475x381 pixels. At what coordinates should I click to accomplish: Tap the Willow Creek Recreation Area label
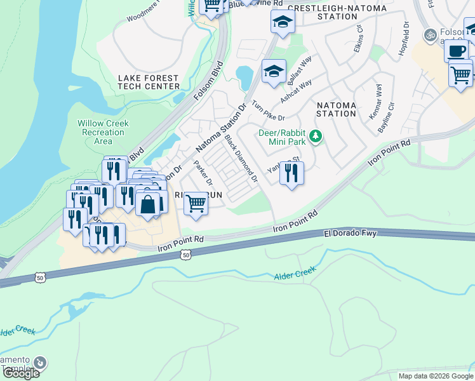pyautogui.click(x=103, y=132)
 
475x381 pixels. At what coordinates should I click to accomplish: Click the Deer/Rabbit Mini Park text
pyautogui.click(x=282, y=138)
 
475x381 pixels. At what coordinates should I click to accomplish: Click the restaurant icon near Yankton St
pyautogui.click(x=291, y=173)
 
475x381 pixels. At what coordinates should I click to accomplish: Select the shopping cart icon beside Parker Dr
pyautogui.click(x=196, y=204)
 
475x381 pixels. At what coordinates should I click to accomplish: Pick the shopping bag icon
pyautogui.click(x=147, y=205)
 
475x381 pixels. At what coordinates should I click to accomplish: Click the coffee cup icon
pyautogui.click(x=455, y=51)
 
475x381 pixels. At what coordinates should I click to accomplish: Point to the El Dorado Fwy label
pyautogui.click(x=350, y=234)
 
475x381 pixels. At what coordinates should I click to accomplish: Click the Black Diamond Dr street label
pyautogui.click(x=241, y=158)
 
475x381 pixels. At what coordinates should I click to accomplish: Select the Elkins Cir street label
pyautogui.click(x=359, y=40)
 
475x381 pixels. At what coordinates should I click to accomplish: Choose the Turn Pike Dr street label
pyautogui.click(x=269, y=110)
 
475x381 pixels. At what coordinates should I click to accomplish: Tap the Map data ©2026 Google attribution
pyautogui.click(x=436, y=376)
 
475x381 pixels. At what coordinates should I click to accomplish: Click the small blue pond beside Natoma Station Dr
pyautogui.click(x=244, y=78)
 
